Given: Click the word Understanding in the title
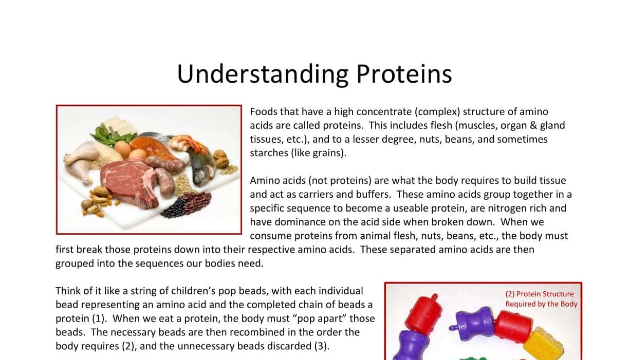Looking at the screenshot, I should (262, 74).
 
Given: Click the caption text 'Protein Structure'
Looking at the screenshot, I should (545, 294).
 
